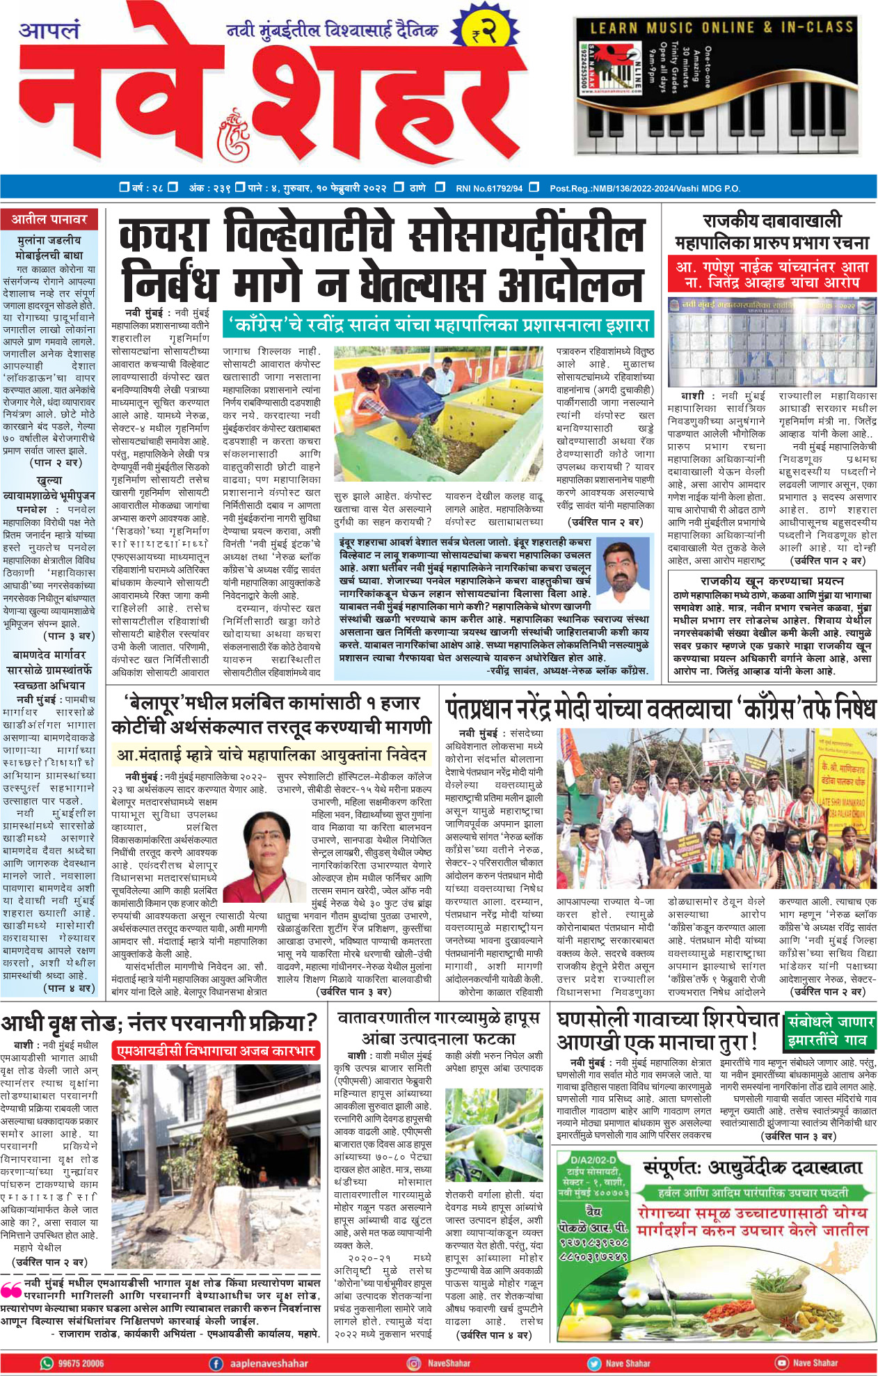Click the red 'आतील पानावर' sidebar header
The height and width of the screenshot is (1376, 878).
49,219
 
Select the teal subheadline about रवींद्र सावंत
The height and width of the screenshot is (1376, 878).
438,325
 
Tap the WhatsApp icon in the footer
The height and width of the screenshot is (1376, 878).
47,1363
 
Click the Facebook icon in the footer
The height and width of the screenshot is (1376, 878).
216,1363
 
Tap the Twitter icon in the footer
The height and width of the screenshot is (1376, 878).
593,1363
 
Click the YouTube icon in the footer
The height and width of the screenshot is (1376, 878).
781,1363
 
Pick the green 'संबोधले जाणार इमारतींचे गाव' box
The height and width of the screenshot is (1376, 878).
829,1031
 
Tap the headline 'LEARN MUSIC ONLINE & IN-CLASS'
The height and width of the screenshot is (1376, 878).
721,28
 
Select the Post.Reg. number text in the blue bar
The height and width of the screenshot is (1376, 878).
644,188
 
